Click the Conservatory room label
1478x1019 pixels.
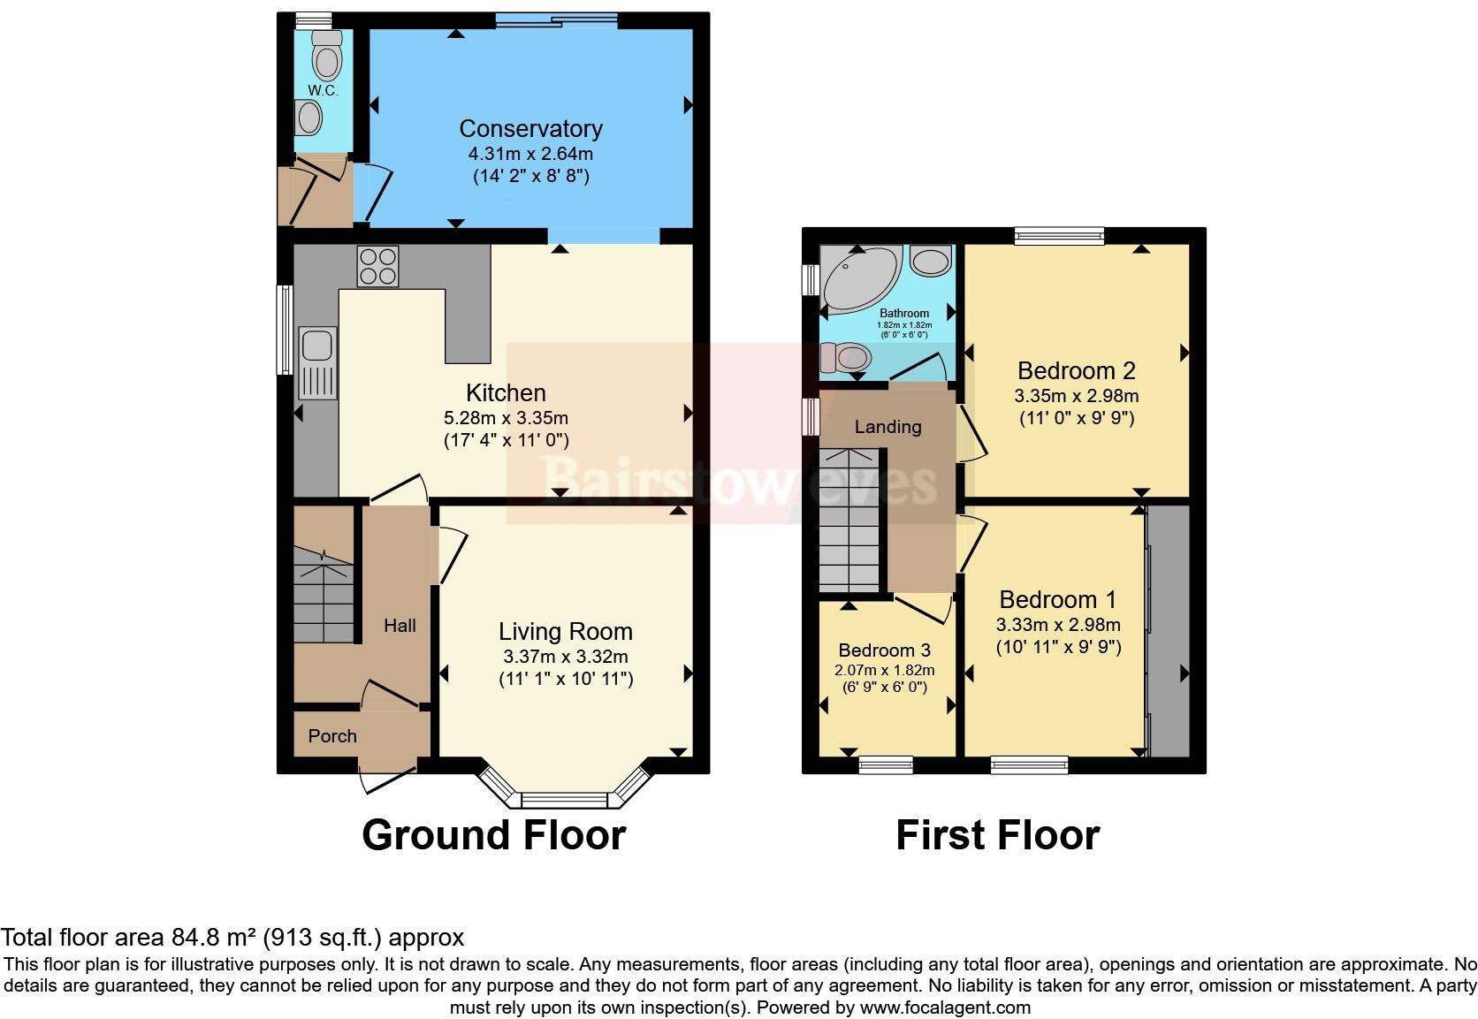tap(530, 129)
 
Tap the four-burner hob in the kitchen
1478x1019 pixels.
tap(378, 266)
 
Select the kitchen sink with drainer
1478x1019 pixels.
tap(316, 361)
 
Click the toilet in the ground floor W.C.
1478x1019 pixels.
tap(326, 58)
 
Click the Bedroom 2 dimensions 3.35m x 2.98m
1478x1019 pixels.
tap(1076, 396)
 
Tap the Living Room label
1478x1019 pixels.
tap(565, 632)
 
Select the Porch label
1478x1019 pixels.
tap(332, 736)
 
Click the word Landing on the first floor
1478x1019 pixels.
tap(888, 427)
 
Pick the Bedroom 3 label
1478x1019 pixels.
tap(884, 650)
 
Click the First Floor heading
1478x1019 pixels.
tap(997, 835)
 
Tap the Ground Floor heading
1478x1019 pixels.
tap(493, 835)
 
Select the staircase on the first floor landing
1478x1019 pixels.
tap(849, 521)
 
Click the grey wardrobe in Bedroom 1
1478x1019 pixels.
tap(1169, 629)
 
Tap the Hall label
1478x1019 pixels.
tap(400, 626)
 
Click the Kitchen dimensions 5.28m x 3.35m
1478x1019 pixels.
tap(505, 418)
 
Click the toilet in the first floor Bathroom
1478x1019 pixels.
tap(845, 358)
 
